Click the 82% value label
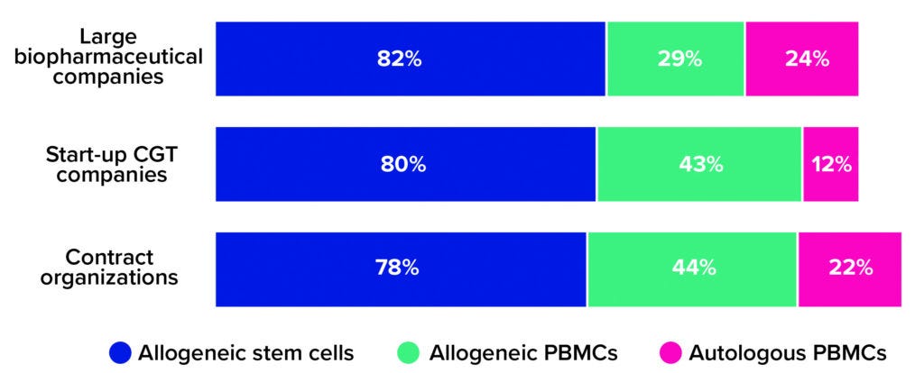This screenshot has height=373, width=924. tap(399, 59)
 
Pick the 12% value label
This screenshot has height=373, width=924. tap(830, 164)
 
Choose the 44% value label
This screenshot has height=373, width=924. tap(694, 268)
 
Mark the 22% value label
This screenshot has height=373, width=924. tap(850, 268)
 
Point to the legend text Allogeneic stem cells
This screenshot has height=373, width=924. tap(245, 351)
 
